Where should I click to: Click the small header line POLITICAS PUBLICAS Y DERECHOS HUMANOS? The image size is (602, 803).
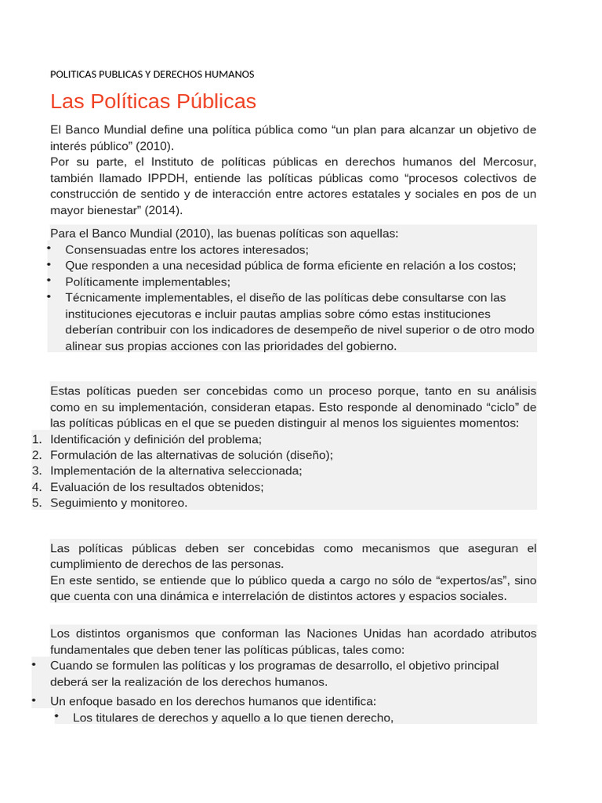point(152,74)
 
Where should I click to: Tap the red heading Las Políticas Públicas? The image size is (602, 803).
point(153,102)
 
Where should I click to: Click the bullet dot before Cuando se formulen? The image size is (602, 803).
point(34,665)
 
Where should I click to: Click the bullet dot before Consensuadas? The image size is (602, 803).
point(48,249)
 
